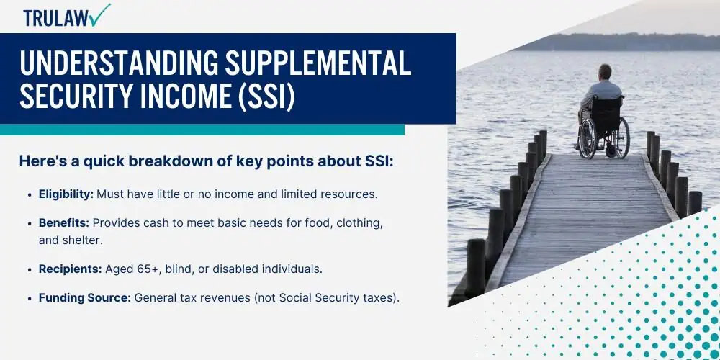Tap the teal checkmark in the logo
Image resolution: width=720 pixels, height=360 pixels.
click(x=101, y=15)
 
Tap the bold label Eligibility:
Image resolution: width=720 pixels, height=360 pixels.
click(x=66, y=194)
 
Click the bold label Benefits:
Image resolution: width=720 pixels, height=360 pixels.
click(x=64, y=223)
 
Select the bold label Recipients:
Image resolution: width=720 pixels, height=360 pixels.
click(x=71, y=269)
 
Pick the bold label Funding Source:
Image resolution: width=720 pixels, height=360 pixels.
click(x=85, y=298)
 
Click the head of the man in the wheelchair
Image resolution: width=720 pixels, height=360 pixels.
click(x=606, y=72)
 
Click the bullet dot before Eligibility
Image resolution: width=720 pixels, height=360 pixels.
click(x=31, y=194)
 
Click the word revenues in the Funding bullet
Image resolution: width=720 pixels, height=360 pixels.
click(x=226, y=299)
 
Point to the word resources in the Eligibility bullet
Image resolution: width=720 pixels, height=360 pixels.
click(x=351, y=194)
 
